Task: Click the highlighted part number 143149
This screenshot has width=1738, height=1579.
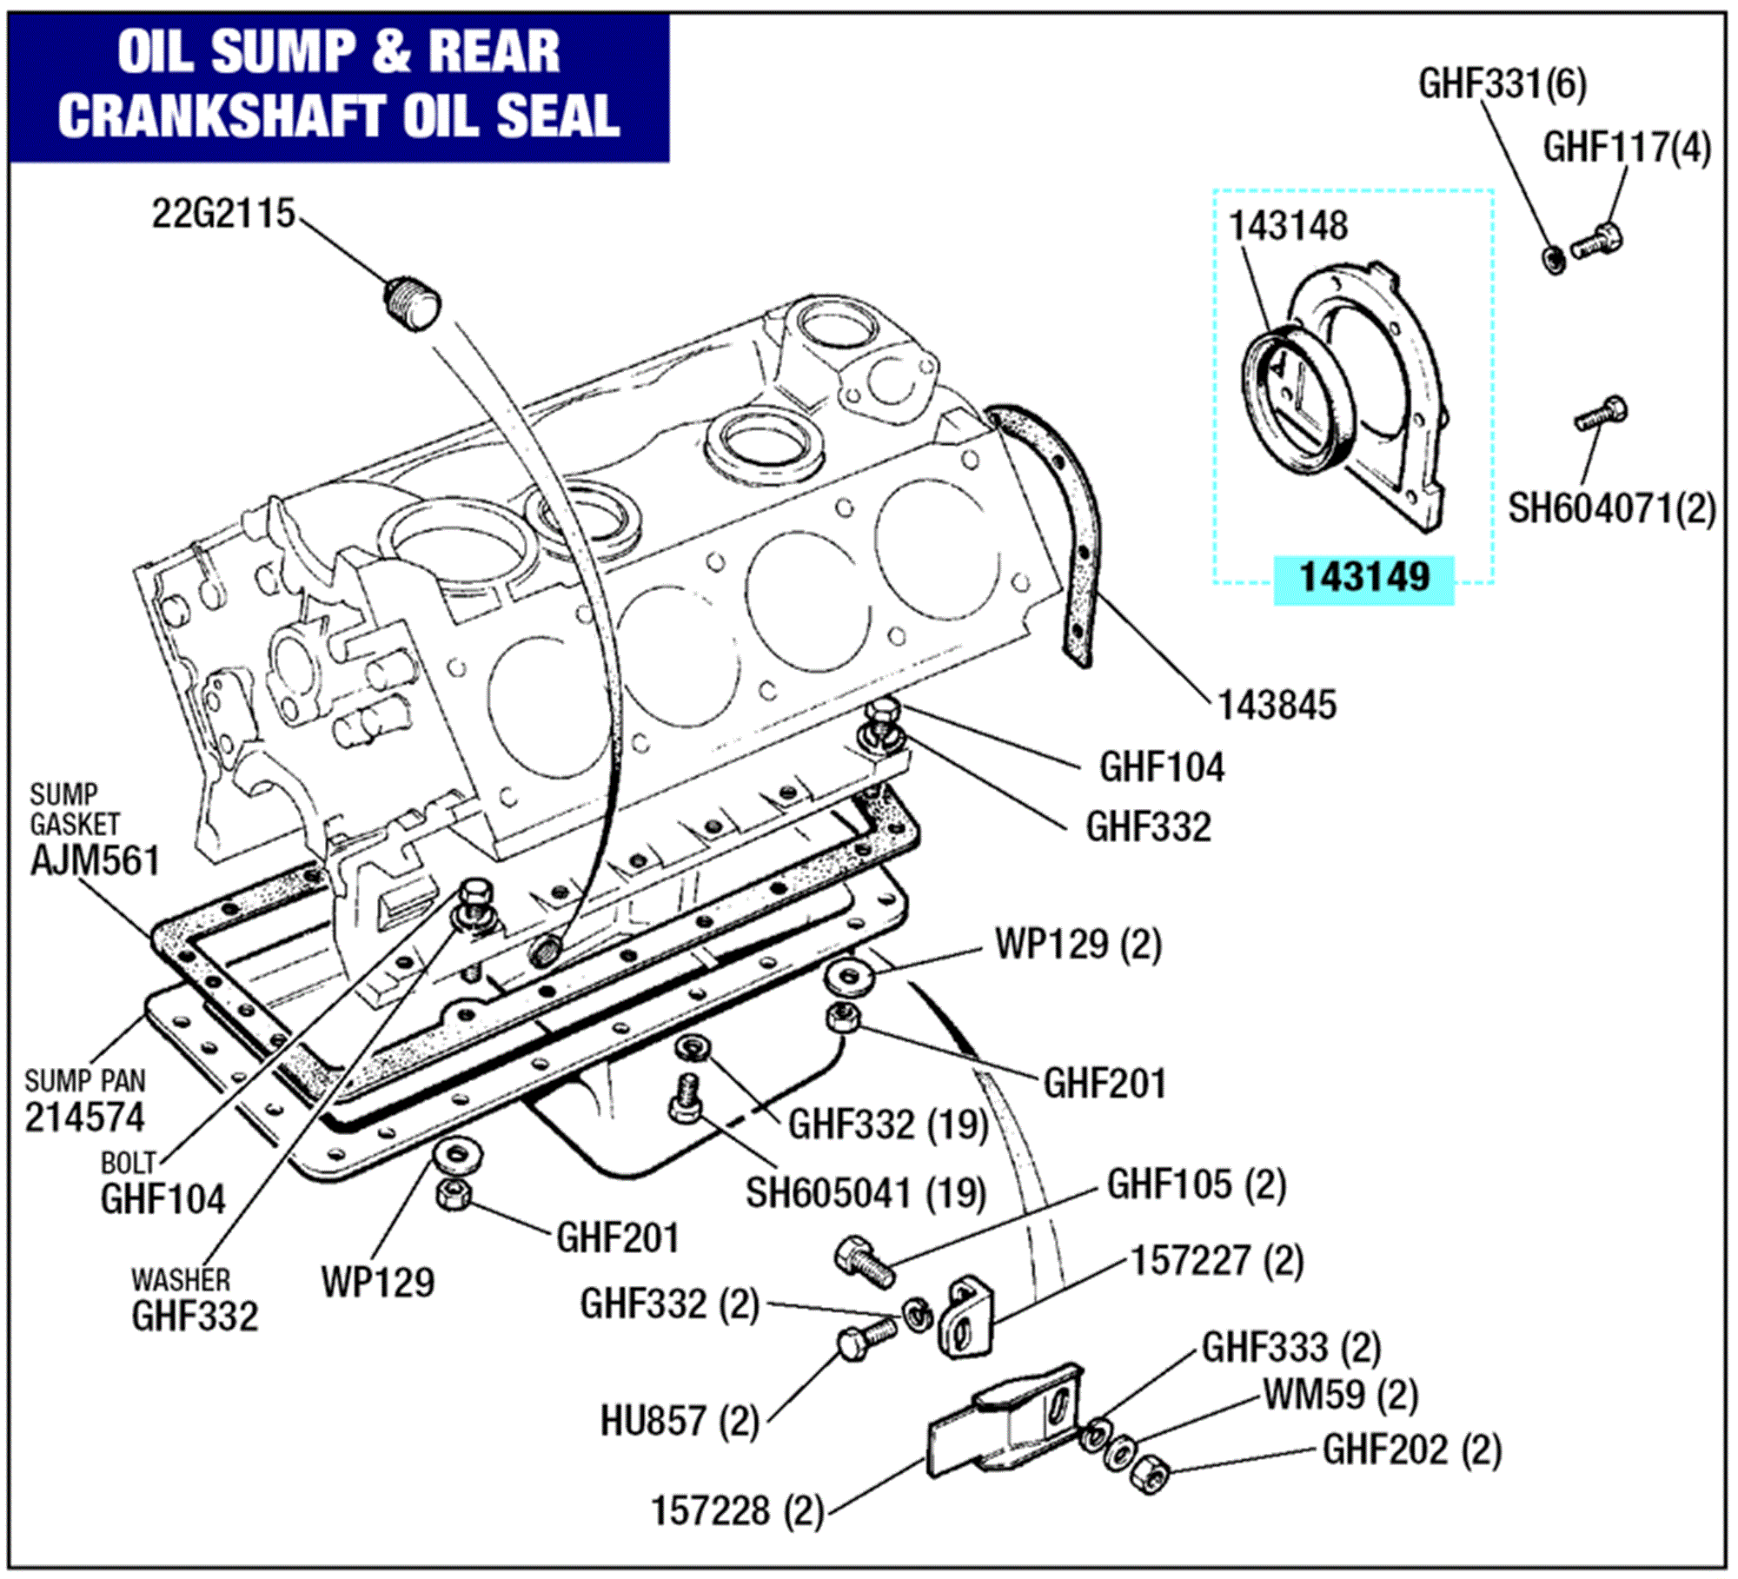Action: click(x=1363, y=578)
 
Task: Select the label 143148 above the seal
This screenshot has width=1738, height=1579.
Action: click(x=1287, y=227)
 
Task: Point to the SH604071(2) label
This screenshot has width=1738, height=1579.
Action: click(x=1611, y=509)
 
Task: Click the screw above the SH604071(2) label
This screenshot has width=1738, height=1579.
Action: click(x=1602, y=415)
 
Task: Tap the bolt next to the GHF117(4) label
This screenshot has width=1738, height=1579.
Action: click(x=1598, y=241)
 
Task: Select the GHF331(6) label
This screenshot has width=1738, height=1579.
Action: click(x=1503, y=84)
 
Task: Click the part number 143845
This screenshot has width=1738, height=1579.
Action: click(x=1276, y=706)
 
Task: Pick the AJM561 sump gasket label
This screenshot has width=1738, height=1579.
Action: click(x=96, y=861)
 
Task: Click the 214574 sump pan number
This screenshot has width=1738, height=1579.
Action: click(x=84, y=1118)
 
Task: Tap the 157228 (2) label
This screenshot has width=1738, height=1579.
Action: click(x=737, y=1511)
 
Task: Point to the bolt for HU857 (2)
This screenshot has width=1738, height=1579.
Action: click(x=866, y=1337)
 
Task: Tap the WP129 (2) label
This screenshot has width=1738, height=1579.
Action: click(x=1078, y=944)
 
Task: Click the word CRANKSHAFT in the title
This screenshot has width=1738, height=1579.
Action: click(x=222, y=116)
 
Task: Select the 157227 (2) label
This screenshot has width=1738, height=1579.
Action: click(x=1217, y=1261)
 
